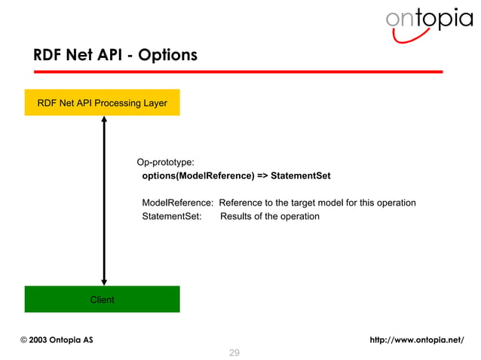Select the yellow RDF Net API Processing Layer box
coord(103,102)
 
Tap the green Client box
coord(103,299)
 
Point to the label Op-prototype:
coord(164,162)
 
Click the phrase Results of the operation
coord(269,216)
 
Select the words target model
coord(314,203)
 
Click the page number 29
coord(234,352)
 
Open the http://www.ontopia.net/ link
coord(417,340)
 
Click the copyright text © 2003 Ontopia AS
coord(57,340)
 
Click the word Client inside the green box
coord(103,300)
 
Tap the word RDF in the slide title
coord(47,56)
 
